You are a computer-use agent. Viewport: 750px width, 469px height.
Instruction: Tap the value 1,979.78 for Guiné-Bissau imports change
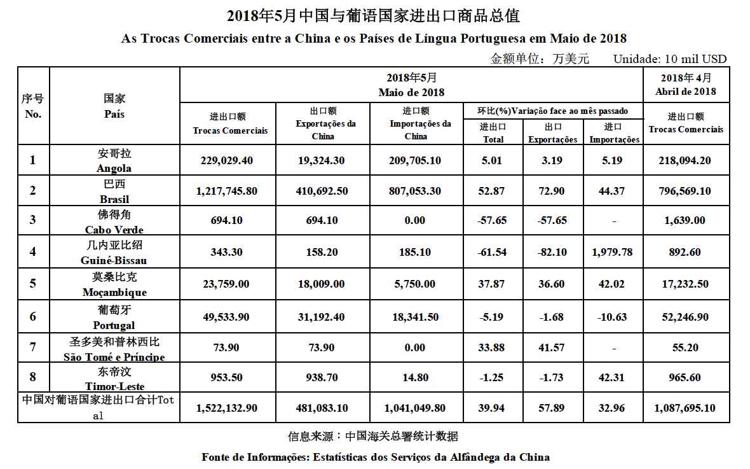point(611,252)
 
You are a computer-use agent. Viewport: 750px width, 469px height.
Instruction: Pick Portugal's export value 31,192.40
point(321,317)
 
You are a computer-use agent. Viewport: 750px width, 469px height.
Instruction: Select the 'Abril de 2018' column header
point(686,91)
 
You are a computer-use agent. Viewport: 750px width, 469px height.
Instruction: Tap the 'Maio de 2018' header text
point(411,92)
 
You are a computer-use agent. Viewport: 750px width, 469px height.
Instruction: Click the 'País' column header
point(114,115)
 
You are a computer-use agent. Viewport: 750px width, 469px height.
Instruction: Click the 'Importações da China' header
point(416,130)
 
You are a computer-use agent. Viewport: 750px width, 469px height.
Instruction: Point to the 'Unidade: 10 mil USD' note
point(669,59)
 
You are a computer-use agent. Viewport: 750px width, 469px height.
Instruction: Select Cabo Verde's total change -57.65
point(493,220)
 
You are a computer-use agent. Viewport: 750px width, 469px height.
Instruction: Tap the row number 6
point(33,317)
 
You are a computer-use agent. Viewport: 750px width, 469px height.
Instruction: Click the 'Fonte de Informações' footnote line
point(375,457)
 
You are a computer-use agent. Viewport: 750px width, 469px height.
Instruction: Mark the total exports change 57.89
point(552,408)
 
